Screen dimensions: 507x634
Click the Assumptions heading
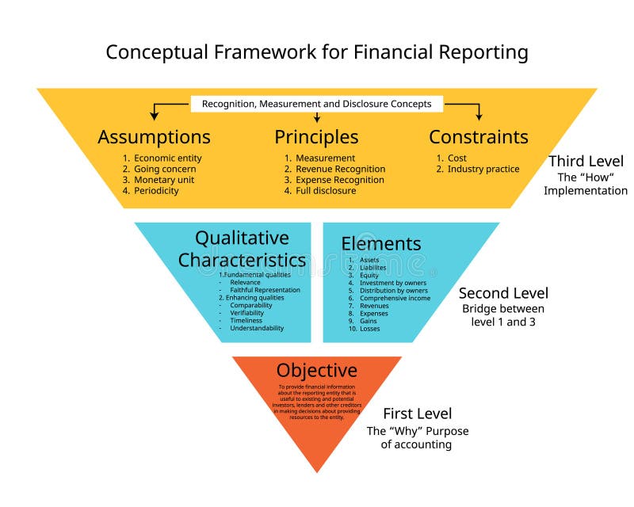pyautogui.click(x=154, y=137)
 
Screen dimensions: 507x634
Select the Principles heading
pyautogui.click(x=316, y=137)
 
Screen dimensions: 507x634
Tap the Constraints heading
pyautogui.click(x=478, y=137)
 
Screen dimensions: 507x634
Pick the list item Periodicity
pyautogui.click(x=156, y=191)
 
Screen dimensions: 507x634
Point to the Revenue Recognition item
pyautogui.click(x=340, y=169)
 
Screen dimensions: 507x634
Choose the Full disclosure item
pyautogui.click(x=326, y=191)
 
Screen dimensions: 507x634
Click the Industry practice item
pyautogui.click(x=483, y=169)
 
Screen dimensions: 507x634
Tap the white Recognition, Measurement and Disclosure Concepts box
pyautogui.click(x=316, y=104)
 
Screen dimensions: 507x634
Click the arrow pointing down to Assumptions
pyautogui.click(x=155, y=113)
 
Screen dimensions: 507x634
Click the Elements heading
pyautogui.click(x=381, y=244)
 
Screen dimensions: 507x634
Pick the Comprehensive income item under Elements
pyautogui.click(x=395, y=298)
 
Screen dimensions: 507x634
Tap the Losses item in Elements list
pyautogui.click(x=369, y=328)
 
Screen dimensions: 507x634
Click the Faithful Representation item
pyautogui.click(x=265, y=290)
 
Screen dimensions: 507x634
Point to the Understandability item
pyautogui.click(x=257, y=328)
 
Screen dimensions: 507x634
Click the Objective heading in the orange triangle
pyautogui.click(x=316, y=371)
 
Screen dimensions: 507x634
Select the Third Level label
pyautogui.click(x=586, y=162)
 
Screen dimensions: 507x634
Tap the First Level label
pyautogui.click(x=417, y=414)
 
